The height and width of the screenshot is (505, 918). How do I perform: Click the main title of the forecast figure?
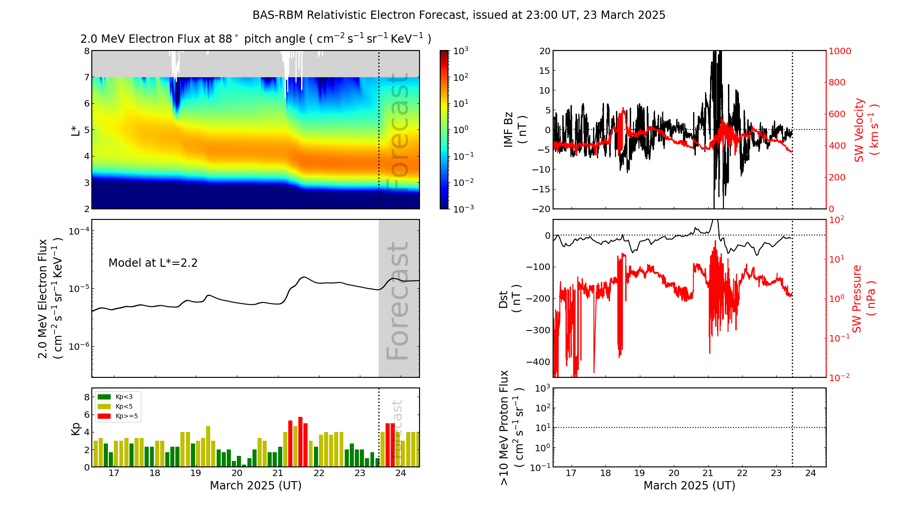(x=459, y=15)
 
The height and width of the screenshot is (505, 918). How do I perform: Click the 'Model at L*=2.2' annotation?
(x=153, y=263)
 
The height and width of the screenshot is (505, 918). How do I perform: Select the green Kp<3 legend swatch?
(x=104, y=397)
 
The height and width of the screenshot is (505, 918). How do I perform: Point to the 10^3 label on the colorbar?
(x=460, y=50)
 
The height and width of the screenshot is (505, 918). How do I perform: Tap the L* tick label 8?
(x=86, y=51)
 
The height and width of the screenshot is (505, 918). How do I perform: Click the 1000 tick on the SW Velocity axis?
(x=840, y=51)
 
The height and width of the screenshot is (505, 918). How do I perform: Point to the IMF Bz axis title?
(x=515, y=130)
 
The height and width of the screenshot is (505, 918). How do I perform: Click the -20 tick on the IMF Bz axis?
(x=541, y=209)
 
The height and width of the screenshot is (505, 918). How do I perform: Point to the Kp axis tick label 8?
(x=86, y=397)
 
